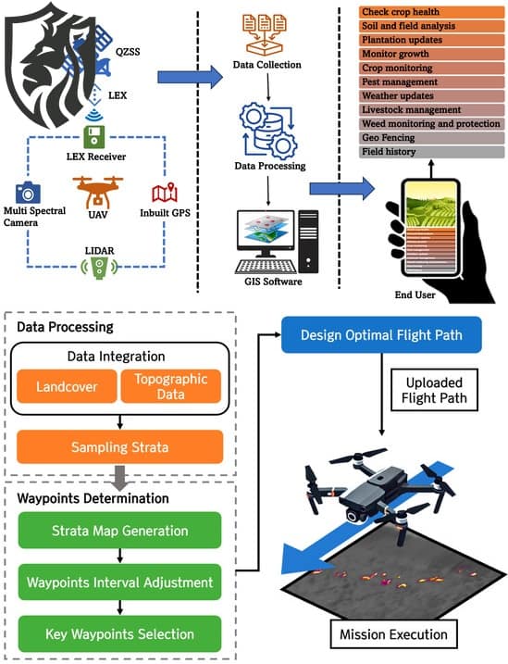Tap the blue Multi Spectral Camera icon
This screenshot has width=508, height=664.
tap(29, 193)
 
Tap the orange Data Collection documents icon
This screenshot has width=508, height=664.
tap(267, 29)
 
